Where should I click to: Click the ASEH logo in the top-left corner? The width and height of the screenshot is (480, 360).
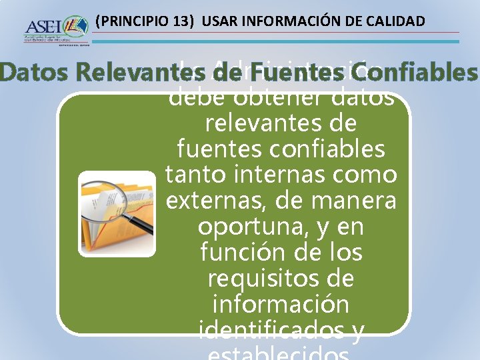click(56, 29)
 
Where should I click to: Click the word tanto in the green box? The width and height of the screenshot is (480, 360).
click(193, 175)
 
